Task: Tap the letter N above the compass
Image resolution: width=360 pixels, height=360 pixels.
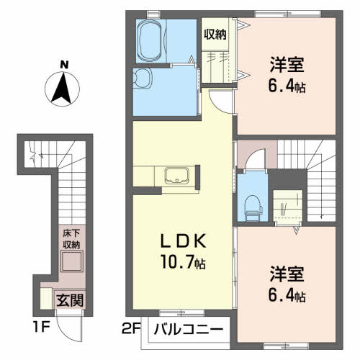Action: click(64, 64)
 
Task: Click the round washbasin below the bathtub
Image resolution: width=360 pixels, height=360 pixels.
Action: click(143, 78)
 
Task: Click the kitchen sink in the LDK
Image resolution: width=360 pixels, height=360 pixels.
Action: click(176, 174)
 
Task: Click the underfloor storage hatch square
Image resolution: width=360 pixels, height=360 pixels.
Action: click(70, 263)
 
